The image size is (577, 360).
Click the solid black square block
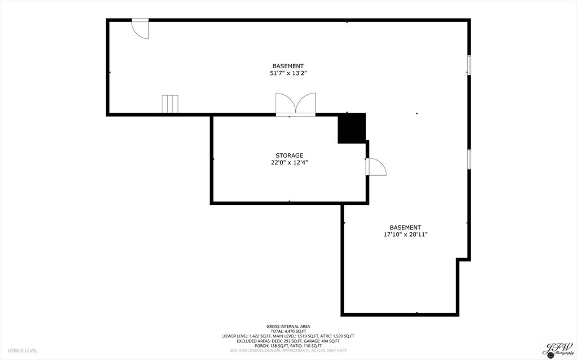point(352,128)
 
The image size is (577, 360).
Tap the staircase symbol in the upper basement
point(170,104)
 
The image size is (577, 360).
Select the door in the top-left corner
point(140,29)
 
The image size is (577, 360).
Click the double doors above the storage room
point(295,105)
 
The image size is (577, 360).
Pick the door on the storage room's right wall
point(375,167)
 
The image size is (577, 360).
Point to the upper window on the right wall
point(469,65)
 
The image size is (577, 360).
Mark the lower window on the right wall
point(469,159)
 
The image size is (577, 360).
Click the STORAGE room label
point(289,155)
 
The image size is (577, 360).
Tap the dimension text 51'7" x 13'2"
point(288,73)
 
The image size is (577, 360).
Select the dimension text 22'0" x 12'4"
point(289,163)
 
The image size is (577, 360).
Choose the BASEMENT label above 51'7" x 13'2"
point(288,66)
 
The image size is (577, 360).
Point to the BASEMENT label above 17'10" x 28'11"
point(405,228)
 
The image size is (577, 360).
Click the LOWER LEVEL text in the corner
point(23,350)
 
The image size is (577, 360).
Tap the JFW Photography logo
point(557,348)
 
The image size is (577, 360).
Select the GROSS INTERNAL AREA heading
point(288,326)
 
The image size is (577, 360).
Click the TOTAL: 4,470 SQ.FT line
point(288,331)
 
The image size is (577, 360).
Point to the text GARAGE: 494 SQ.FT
point(323,341)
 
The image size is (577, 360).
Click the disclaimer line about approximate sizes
point(288,350)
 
